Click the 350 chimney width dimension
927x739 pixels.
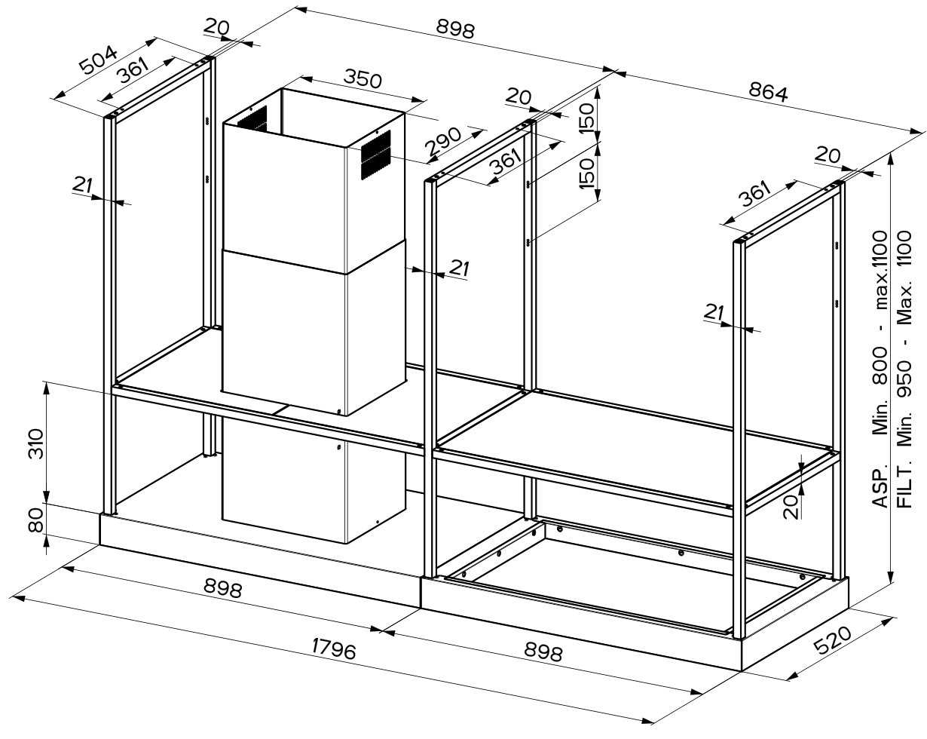tap(363, 78)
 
